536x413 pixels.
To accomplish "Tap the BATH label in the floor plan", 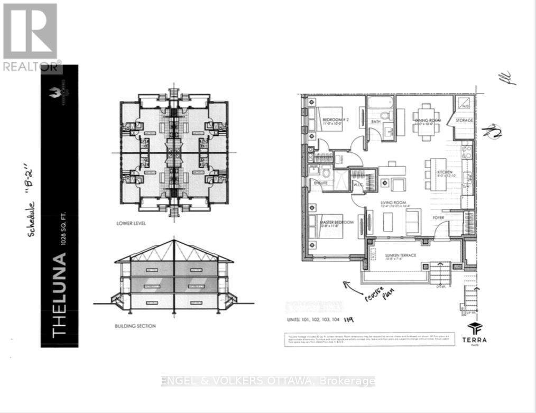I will [x=376, y=122].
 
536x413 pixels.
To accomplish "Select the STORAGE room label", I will [x=465, y=121].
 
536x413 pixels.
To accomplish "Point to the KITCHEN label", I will [x=444, y=172].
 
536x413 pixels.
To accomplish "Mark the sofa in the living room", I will [x=412, y=221].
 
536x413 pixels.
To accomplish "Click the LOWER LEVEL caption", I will [x=131, y=224].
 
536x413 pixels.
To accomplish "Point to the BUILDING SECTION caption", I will [x=135, y=326].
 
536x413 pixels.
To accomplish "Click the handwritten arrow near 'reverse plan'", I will [x=353, y=288].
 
